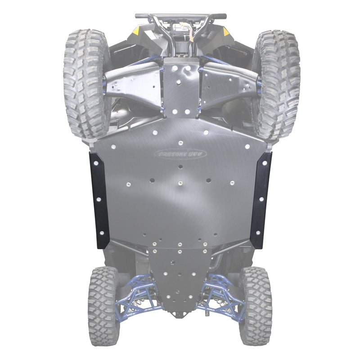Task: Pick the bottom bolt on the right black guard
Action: (x=258, y=233)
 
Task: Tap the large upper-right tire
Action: (x=275, y=83)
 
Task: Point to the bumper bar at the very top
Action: (x=180, y=16)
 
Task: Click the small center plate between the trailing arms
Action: (x=180, y=85)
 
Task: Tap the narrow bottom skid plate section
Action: (x=180, y=274)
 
